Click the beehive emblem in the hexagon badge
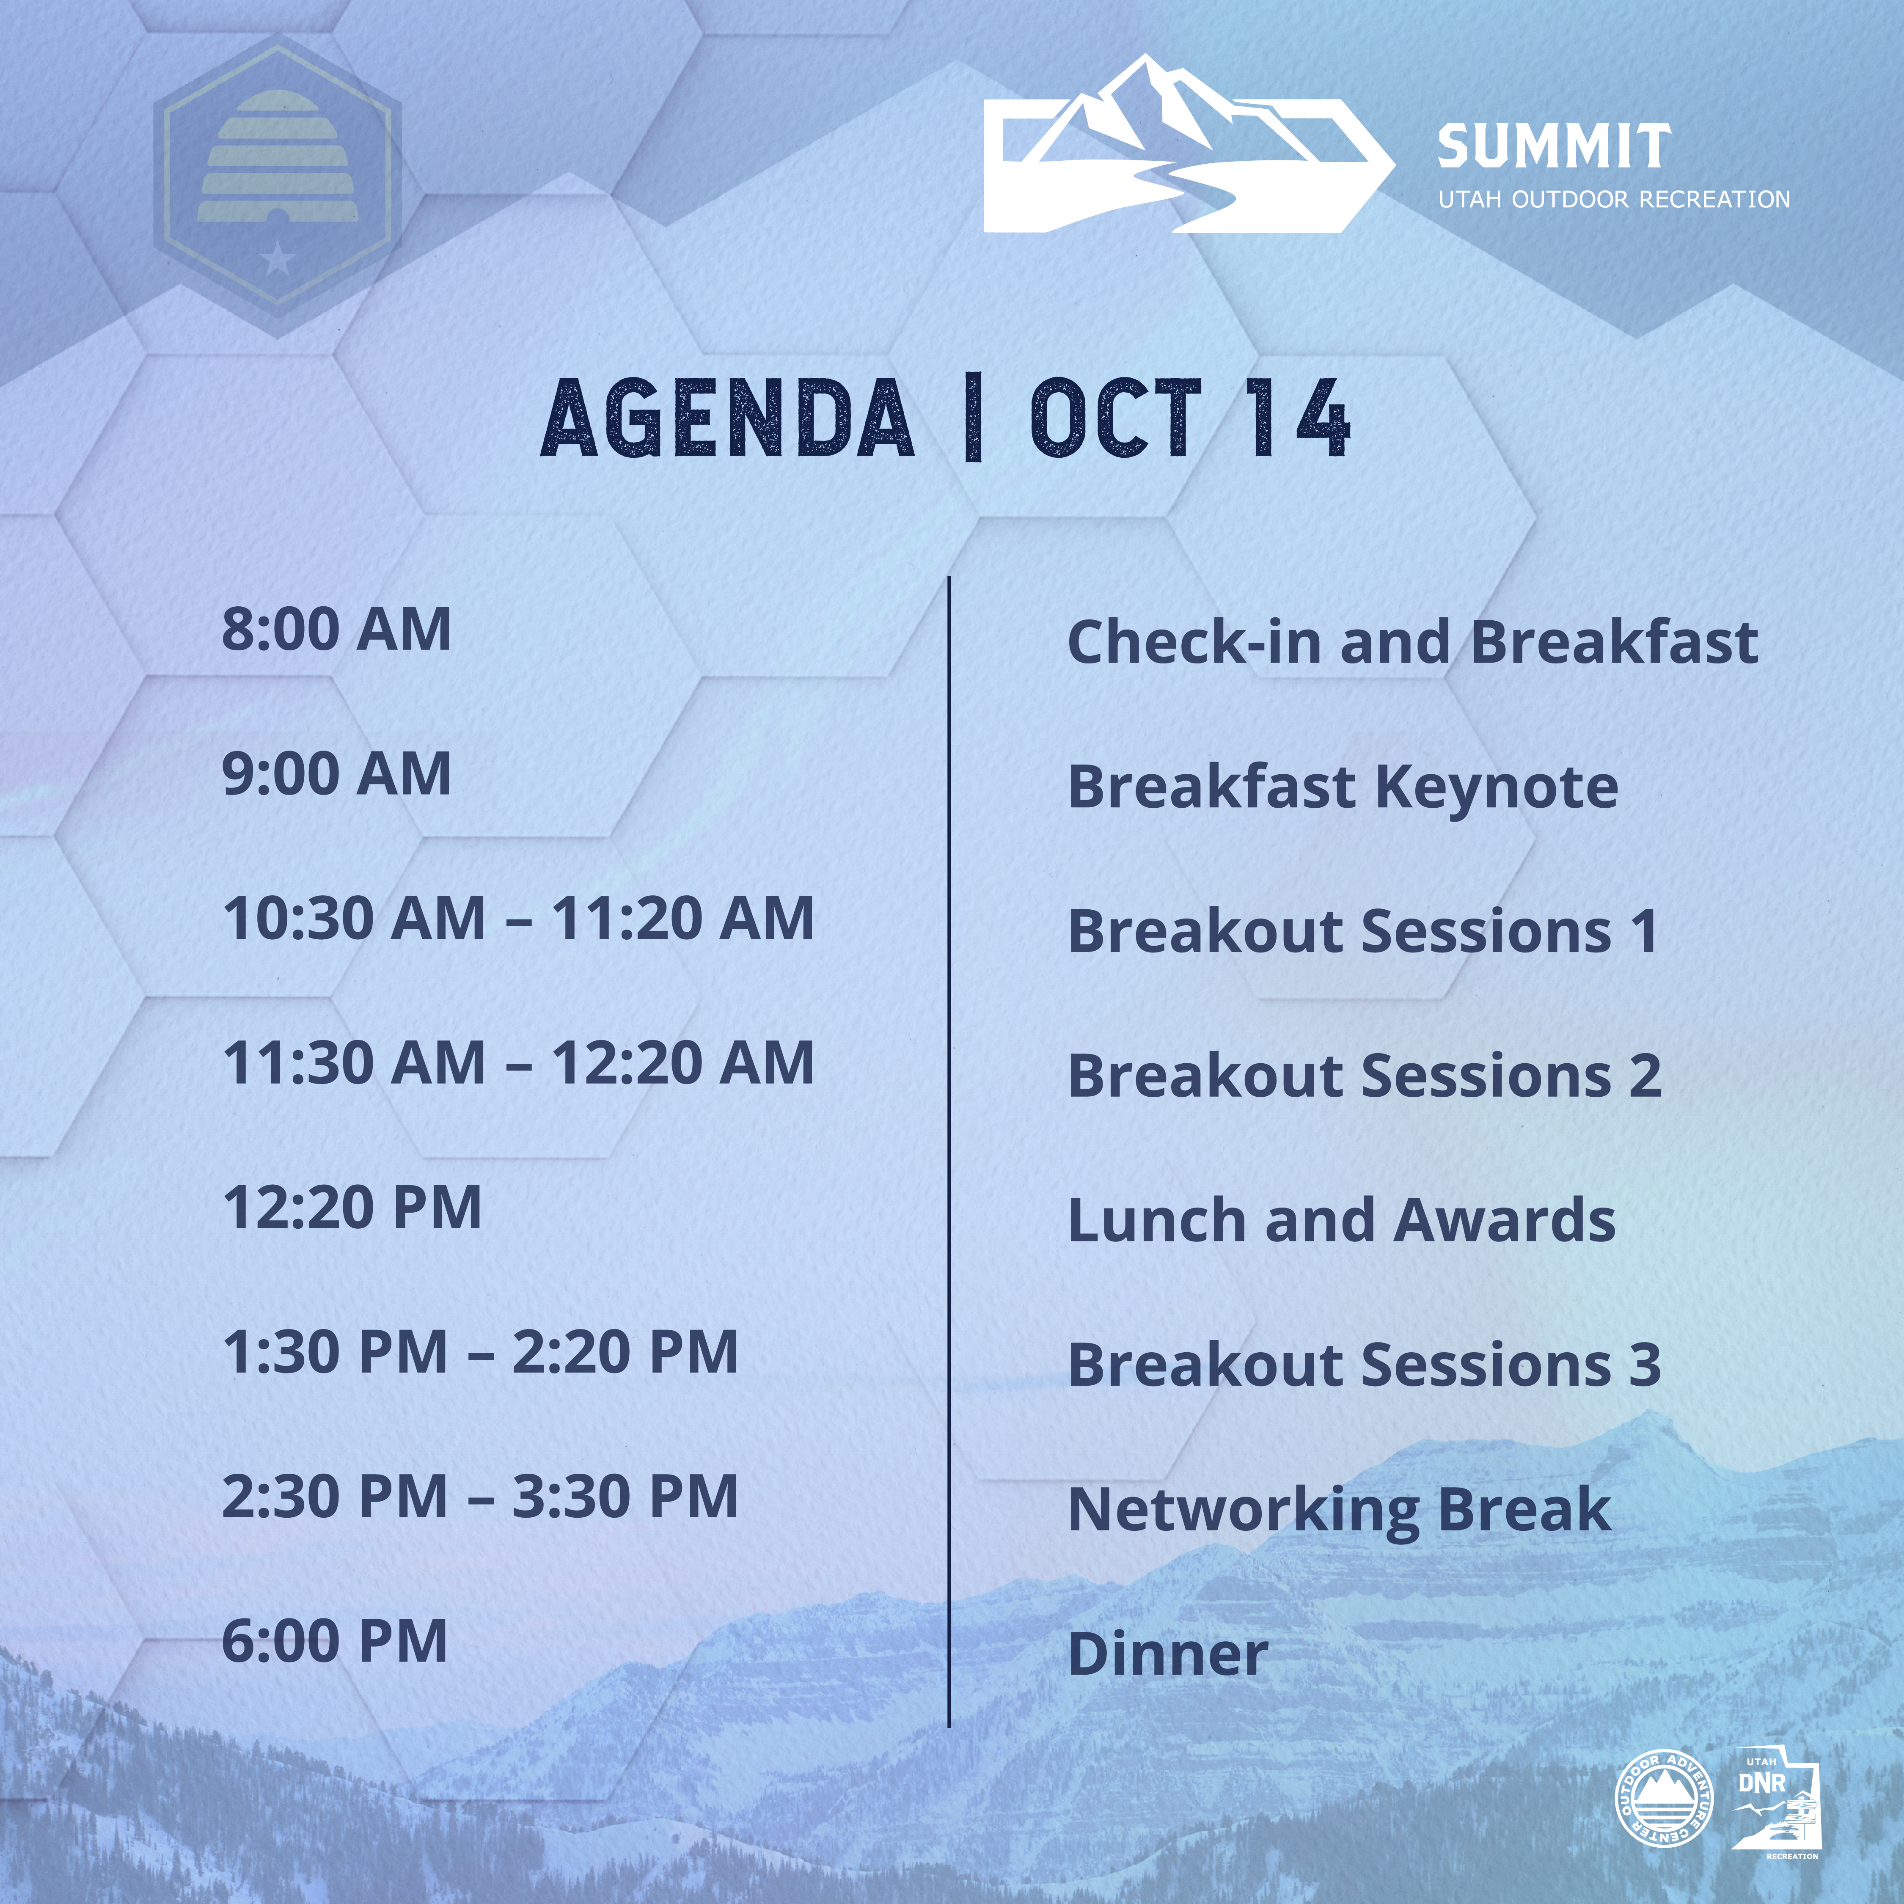coord(279,156)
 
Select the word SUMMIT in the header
coord(1554,147)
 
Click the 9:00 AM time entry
coord(336,773)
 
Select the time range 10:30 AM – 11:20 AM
coord(518,919)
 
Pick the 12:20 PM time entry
coord(352,1207)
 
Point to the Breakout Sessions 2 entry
coord(1364,1075)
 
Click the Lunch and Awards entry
coord(1341,1220)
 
